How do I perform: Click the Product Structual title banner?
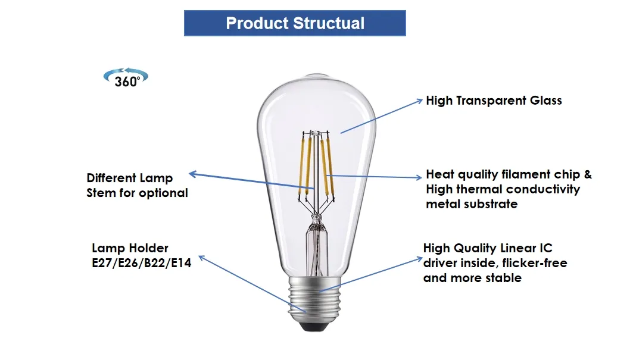pos(295,24)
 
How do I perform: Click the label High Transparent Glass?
pos(494,101)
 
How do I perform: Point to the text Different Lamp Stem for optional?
pos(137,185)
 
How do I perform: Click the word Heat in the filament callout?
pos(439,174)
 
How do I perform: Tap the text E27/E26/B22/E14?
pos(141,262)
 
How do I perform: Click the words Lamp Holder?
pos(130,248)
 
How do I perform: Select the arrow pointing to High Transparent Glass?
pos(381,116)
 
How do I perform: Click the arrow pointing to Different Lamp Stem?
pos(250,181)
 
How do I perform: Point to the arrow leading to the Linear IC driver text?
pos(369,275)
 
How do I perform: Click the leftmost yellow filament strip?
pos(303,162)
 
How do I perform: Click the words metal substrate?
pos(471,204)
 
